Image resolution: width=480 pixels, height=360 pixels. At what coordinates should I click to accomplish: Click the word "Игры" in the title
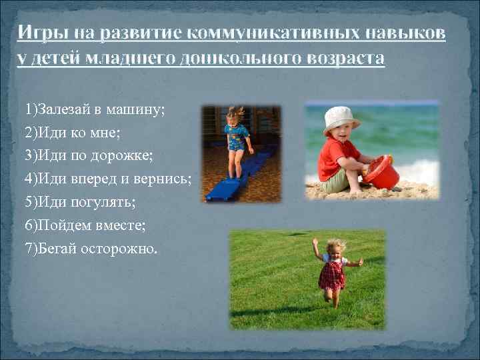point(39,33)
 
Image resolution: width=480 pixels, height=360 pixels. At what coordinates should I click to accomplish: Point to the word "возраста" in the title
point(344,57)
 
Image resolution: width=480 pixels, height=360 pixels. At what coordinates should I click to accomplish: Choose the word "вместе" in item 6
point(129,225)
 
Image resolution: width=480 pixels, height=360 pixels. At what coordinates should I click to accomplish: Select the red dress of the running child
point(331,274)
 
